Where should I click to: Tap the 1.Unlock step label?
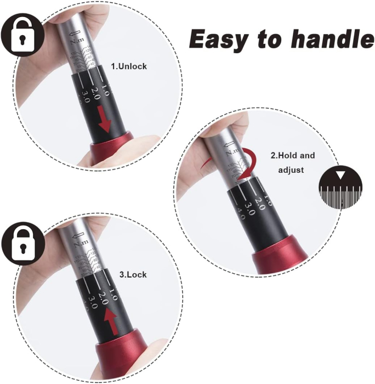pos(129,66)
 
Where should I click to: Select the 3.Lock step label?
pos(133,274)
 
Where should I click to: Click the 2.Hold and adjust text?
pos(293,162)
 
